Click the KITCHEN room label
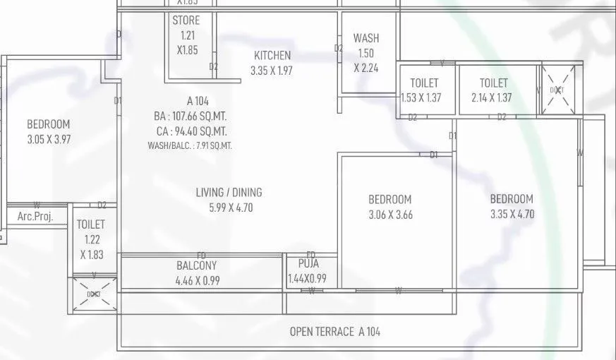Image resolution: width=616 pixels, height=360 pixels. point(272,56)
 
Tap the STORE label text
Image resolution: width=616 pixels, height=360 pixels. point(186,21)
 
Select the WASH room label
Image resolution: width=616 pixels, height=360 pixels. point(366,38)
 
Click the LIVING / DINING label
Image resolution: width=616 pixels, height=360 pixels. point(229,192)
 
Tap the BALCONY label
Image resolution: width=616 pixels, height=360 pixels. point(197,266)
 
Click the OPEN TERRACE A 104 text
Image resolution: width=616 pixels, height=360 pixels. point(334,332)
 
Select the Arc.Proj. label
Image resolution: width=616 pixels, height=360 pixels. point(35,217)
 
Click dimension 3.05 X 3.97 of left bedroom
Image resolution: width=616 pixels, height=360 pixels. point(49,139)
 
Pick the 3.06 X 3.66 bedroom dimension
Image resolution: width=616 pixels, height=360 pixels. point(389,215)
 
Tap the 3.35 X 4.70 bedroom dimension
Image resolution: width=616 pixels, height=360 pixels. point(512,214)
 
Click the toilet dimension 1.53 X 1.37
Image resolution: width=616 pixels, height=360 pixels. point(421,98)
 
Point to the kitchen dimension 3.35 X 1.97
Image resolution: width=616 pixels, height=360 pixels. point(272,71)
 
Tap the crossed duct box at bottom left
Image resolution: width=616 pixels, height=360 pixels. point(94,294)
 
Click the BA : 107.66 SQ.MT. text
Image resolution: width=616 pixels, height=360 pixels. point(192,116)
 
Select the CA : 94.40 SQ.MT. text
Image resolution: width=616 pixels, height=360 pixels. point(192,131)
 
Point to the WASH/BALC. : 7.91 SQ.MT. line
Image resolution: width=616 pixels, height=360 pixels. point(190,145)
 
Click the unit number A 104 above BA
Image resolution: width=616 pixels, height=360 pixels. point(198,102)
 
